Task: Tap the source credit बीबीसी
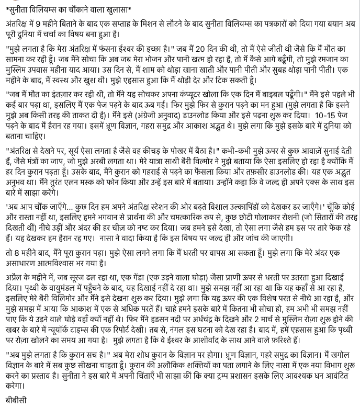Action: coord(17,400)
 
